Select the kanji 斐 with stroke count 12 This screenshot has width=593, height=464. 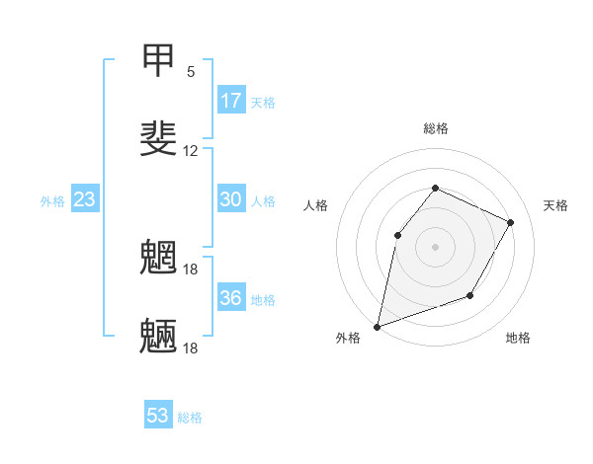click(x=158, y=137)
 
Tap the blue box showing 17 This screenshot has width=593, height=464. click(x=231, y=101)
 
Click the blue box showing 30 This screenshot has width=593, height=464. click(x=231, y=199)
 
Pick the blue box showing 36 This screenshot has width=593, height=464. click(x=231, y=298)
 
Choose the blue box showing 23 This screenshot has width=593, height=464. click(x=85, y=199)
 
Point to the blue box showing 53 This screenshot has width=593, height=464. click(x=158, y=416)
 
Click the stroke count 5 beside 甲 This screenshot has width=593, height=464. click(x=191, y=72)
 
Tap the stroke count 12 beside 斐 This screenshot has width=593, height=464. click(x=191, y=151)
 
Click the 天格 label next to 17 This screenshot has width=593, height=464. click(x=263, y=102)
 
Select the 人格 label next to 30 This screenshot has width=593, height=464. click(x=263, y=200)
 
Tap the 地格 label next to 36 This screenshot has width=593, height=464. click(x=263, y=299)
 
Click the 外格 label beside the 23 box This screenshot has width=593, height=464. click(x=52, y=200)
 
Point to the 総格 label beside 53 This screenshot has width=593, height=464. click(x=190, y=417)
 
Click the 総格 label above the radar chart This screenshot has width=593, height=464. click(x=435, y=128)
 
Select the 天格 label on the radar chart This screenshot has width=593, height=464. click(x=556, y=205)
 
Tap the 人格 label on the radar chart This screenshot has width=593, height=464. click(x=315, y=205)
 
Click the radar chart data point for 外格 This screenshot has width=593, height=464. click(x=377, y=326)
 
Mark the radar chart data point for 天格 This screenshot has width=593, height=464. click(x=511, y=222)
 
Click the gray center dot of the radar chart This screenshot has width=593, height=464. click(x=435, y=246)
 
